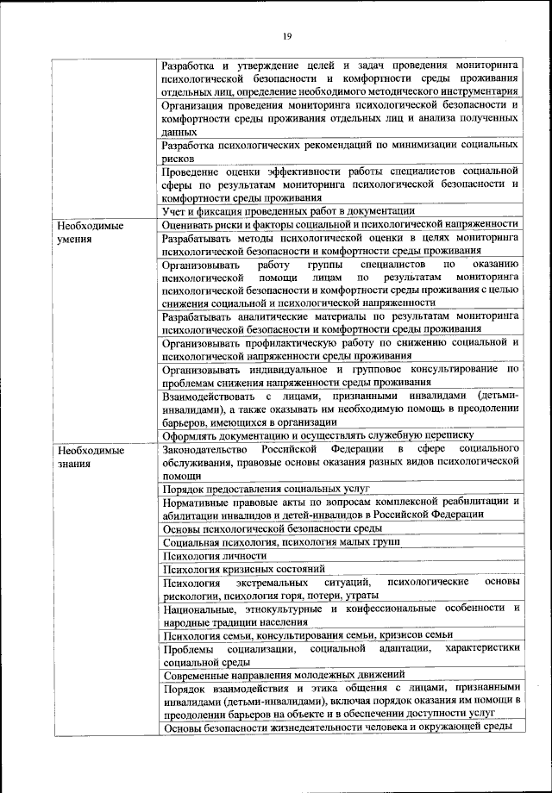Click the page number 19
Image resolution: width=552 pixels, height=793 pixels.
pos(286,36)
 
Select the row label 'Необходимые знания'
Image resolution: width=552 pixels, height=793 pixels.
pos(87,457)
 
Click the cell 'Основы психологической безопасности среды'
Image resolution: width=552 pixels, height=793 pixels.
pos(272,528)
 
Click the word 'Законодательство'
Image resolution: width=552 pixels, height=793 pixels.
pos(204,450)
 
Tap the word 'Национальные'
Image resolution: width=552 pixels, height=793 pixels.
pos(198,609)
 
